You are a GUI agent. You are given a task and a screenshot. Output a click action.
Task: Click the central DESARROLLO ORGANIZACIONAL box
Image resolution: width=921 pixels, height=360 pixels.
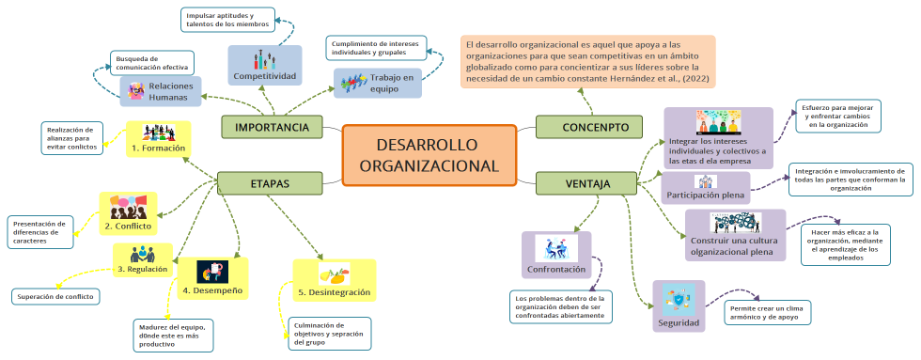click(429, 155)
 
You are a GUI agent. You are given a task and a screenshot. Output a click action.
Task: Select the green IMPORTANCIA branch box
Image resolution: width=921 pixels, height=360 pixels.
click(272, 127)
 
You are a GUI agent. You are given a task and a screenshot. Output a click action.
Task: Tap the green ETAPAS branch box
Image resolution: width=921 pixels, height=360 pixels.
click(269, 182)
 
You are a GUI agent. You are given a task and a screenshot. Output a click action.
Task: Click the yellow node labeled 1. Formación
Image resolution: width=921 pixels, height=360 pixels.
click(158, 138)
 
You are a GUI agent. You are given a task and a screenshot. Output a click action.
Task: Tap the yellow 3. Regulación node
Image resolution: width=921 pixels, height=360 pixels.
click(143, 258)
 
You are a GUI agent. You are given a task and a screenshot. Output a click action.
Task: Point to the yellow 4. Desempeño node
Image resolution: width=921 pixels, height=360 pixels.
click(212, 278)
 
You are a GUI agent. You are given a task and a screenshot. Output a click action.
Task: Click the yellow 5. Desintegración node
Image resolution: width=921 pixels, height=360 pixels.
click(334, 281)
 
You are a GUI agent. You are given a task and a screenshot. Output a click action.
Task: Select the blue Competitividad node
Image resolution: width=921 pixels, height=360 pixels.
click(265, 65)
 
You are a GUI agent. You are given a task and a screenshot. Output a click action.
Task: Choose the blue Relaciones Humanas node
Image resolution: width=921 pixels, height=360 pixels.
click(161, 90)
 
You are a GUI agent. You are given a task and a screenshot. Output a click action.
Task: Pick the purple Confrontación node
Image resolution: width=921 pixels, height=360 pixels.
click(556, 256)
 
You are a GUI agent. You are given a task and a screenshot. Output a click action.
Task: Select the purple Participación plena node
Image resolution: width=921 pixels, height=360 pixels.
click(706, 187)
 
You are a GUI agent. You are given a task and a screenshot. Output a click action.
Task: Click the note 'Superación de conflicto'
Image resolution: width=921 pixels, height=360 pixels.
click(55, 297)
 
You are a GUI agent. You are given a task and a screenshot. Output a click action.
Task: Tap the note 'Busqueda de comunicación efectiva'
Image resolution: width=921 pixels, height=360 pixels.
click(151, 62)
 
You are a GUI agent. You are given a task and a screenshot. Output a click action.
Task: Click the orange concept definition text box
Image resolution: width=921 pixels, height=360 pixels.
click(587, 61)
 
